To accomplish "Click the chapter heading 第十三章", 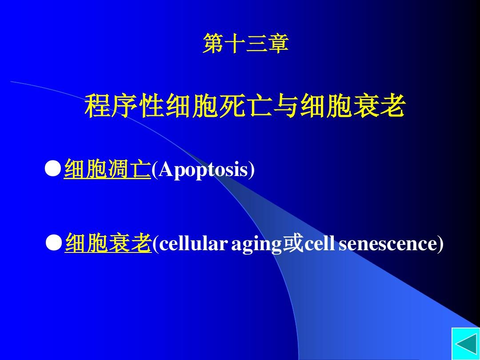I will click(245, 44).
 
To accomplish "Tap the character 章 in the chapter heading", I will click(278, 44).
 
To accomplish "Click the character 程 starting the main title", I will click(97, 107).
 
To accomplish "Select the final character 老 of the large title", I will click(392, 107).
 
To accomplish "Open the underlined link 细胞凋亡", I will click(108, 169).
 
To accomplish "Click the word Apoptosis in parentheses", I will click(203, 169).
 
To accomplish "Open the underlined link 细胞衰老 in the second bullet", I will click(108, 244).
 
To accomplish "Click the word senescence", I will click(388, 244).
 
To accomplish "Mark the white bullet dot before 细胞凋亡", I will click(53, 169).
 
